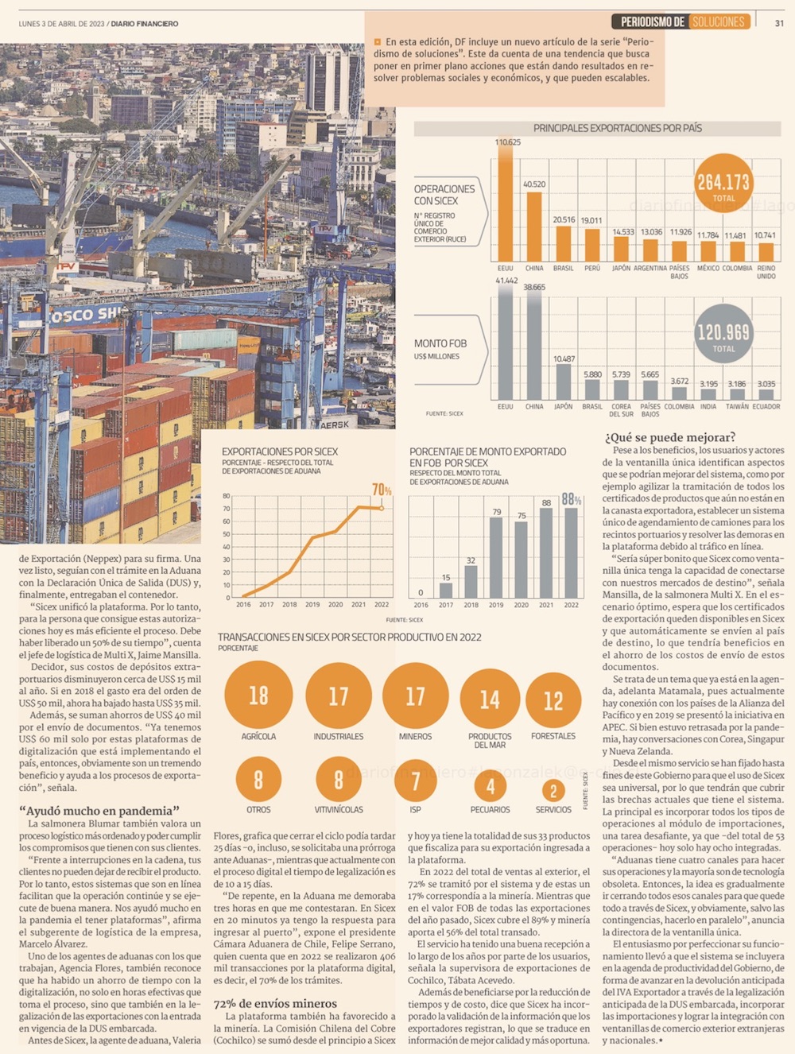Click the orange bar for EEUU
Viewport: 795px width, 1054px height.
coord(505,206)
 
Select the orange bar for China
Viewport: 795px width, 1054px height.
coord(534,227)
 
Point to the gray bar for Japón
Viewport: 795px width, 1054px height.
coord(564,382)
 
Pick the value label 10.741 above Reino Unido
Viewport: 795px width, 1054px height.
coord(765,235)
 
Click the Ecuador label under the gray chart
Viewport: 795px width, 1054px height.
coord(766,407)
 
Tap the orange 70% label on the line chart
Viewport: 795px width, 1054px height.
coord(382,490)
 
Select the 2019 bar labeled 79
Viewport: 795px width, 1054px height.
coord(496,556)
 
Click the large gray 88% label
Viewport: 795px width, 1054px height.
coord(572,499)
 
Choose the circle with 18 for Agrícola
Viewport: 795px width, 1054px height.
coord(258,696)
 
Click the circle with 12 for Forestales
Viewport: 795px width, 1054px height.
coord(553,700)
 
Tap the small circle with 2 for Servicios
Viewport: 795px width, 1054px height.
coord(553,790)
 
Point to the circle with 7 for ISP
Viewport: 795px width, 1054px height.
coord(415,781)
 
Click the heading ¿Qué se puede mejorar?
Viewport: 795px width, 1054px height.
coord(669,437)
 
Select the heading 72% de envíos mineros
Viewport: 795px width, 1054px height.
coord(275,1004)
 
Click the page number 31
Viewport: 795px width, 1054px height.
coord(779,23)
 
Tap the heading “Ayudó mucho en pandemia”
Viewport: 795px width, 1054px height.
coord(99,811)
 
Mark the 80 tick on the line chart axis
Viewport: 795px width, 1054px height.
coord(227,496)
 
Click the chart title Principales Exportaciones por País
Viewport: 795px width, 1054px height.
coord(617,128)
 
